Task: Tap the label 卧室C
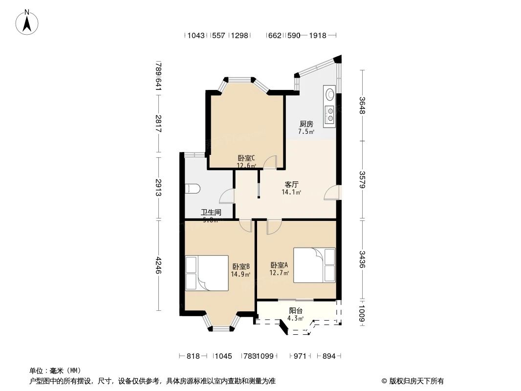(246, 158)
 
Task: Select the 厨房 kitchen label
(306, 124)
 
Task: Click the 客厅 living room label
(292, 185)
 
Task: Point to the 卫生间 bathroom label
(211, 213)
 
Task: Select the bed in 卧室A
(314, 264)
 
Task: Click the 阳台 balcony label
(296, 310)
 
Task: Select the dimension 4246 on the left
(158, 265)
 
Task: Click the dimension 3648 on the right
(362, 106)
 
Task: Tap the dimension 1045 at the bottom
(223, 356)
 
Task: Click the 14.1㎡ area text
(291, 193)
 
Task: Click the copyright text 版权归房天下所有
(413, 381)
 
